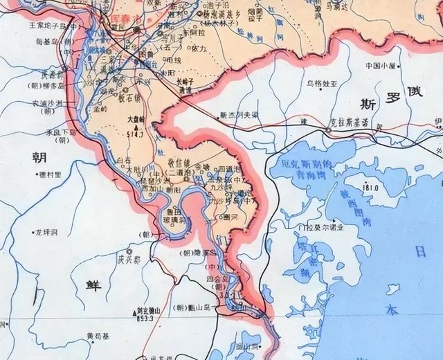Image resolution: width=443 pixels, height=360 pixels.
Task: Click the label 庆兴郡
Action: tap(128, 261)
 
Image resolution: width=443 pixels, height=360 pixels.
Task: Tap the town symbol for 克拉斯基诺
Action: tap(327, 129)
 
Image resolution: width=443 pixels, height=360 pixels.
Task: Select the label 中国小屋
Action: tap(380, 66)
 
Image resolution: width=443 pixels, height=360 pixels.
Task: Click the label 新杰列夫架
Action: tap(238, 114)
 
